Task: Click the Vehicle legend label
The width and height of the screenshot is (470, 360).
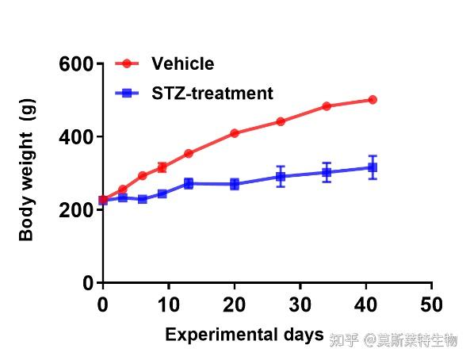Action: pyautogui.click(x=183, y=63)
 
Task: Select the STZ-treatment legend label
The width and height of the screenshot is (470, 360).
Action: pyautogui.click(x=212, y=93)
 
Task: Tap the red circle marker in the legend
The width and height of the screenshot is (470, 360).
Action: pyautogui.click(x=127, y=63)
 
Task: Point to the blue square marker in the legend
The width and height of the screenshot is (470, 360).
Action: pyautogui.click(x=127, y=93)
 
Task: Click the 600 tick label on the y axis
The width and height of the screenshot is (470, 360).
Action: pyautogui.click(x=76, y=64)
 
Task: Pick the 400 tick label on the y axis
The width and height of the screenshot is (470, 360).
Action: pyautogui.click(x=76, y=137)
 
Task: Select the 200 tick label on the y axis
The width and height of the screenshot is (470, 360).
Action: pyautogui.click(x=76, y=210)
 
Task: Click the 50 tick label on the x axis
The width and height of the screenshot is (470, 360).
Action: pyautogui.click(x=431, y=304)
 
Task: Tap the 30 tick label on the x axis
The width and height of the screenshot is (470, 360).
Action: pyautogui.click(x=300, y=304)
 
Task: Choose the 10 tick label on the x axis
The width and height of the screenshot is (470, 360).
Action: pyautogui.click(x=169, y=304)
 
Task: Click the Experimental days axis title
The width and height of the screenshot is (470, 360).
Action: pyautogui.click(x=244, y=335)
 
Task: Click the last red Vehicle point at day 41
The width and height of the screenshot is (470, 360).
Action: pyautogui.click(x=373, y=100)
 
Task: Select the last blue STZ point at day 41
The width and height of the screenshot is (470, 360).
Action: pyautogui.click(x=373, y=167)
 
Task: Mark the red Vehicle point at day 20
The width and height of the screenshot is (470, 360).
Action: pyautogui.click(x=235, y=133)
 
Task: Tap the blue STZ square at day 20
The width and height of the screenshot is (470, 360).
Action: pyautogui.click(x=235, y=184)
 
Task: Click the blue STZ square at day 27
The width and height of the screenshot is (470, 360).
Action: pyautogui.click(x=281, y=176)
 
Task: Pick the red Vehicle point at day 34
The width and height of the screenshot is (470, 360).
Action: pyautogui.click(x=327, y=106)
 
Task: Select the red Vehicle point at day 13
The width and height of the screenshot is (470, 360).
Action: pyautogui.click(x=189, y=154)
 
